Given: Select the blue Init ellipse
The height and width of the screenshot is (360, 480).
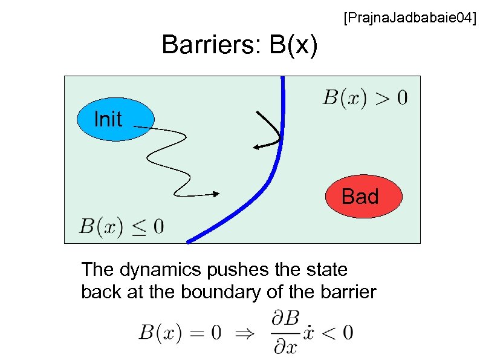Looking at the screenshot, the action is [x=115, y=119].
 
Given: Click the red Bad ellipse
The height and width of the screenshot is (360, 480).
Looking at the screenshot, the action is [x=364, y=197].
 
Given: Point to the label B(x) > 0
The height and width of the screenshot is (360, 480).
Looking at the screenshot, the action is [x=365, y=97].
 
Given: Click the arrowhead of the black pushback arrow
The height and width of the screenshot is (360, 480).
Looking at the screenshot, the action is [x=256, y=146].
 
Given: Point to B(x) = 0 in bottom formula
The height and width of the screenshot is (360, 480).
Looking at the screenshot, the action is [x=180, y=332].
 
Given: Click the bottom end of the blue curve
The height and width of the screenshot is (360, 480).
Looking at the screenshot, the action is [x=189, y=241].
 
